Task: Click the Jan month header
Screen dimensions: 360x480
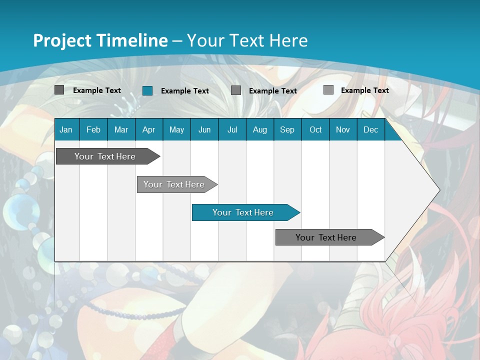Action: coord(66,129)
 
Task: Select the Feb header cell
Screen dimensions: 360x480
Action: coord(93,129)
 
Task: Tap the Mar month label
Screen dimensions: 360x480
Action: coord(121,129)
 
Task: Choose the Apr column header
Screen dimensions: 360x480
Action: coord(148,129)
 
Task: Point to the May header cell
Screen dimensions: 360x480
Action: coord(176,129)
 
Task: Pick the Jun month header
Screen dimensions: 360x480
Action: coord(204,129)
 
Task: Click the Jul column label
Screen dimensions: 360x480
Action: coord(232,129)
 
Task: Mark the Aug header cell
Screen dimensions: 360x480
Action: coord(260,129)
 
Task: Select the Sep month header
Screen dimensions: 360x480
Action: coord(287,129)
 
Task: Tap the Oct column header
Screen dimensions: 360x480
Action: coord(315,129)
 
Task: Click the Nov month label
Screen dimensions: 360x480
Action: coord(343,129)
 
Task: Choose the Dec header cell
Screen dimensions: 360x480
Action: coord(371,129)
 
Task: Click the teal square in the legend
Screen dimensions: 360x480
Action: coord(147,90)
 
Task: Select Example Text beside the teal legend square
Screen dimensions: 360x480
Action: coord(185,91)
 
